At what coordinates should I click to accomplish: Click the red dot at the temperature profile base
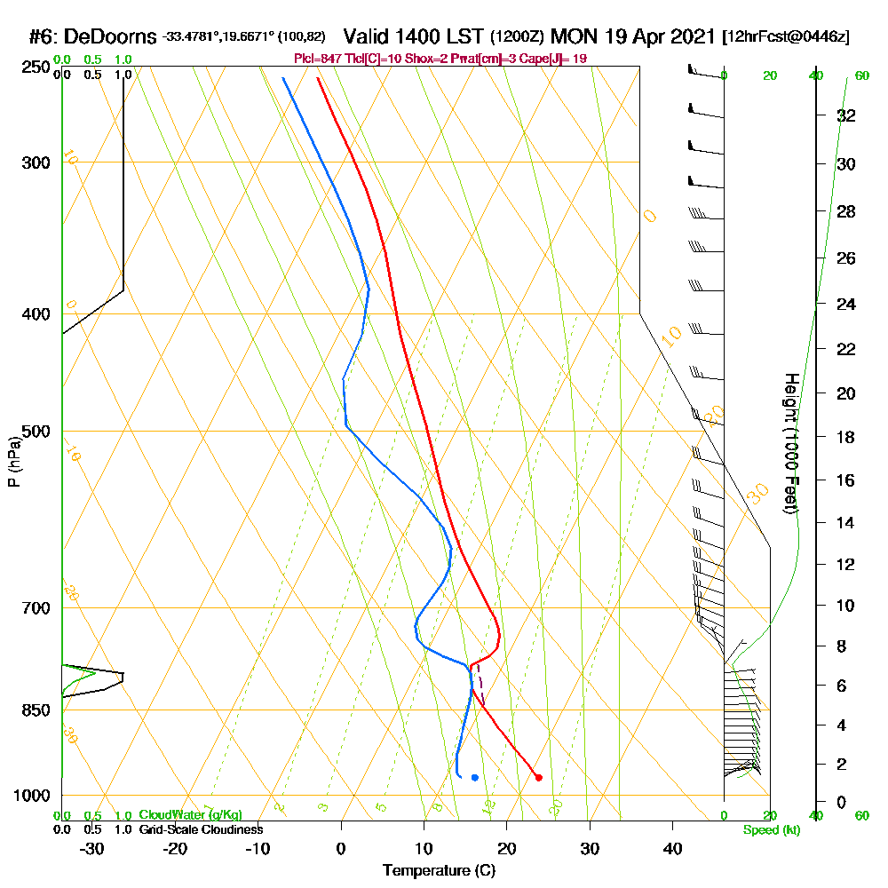coord(539,778)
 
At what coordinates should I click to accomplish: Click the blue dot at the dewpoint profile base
coord(475,778)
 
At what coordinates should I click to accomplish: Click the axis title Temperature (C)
coord(439,871)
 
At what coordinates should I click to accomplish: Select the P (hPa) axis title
coord(13,462)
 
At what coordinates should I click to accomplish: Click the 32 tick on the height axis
coord(845,115)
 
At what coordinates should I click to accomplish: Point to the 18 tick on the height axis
coord(845,437)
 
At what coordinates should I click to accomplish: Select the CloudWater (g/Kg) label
coord(190,815)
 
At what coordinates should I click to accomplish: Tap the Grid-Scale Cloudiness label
coord(201,829)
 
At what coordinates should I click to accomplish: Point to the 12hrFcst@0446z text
coord(788,37)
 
